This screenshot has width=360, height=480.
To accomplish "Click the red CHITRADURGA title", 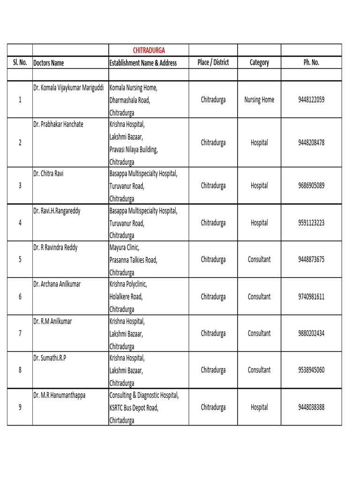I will [149, 50].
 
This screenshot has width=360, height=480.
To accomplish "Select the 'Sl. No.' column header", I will [20, 63].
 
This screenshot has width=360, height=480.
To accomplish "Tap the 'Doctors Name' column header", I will [48, 63].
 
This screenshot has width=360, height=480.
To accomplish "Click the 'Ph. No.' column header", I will [311, 62].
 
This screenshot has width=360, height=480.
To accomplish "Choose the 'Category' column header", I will [259, 62].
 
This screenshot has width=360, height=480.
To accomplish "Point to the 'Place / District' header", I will [213, 62].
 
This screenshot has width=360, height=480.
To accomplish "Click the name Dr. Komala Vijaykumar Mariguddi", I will [68, 88].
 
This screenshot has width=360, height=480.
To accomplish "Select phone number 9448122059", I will [311, 100].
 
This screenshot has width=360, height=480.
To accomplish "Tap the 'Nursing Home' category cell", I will [259, 100].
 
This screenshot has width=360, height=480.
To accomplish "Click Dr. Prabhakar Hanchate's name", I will [58, 124].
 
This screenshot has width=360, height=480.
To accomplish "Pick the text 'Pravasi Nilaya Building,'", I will [134, 150].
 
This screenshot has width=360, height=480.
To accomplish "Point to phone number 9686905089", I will [311, 186].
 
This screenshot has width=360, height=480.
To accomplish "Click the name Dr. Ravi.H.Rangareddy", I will [57, 211].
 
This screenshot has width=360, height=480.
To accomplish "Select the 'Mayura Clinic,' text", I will [124, 247].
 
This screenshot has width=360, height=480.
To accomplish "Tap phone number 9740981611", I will [311, 297].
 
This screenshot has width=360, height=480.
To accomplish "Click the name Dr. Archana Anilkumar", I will [57, 284].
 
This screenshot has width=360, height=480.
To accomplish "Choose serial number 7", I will [20, 333].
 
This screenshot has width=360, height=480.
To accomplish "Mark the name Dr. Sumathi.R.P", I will [49, 358].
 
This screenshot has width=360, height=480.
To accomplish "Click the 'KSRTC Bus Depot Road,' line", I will [134, 408].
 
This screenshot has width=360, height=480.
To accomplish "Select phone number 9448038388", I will [311, 407].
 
